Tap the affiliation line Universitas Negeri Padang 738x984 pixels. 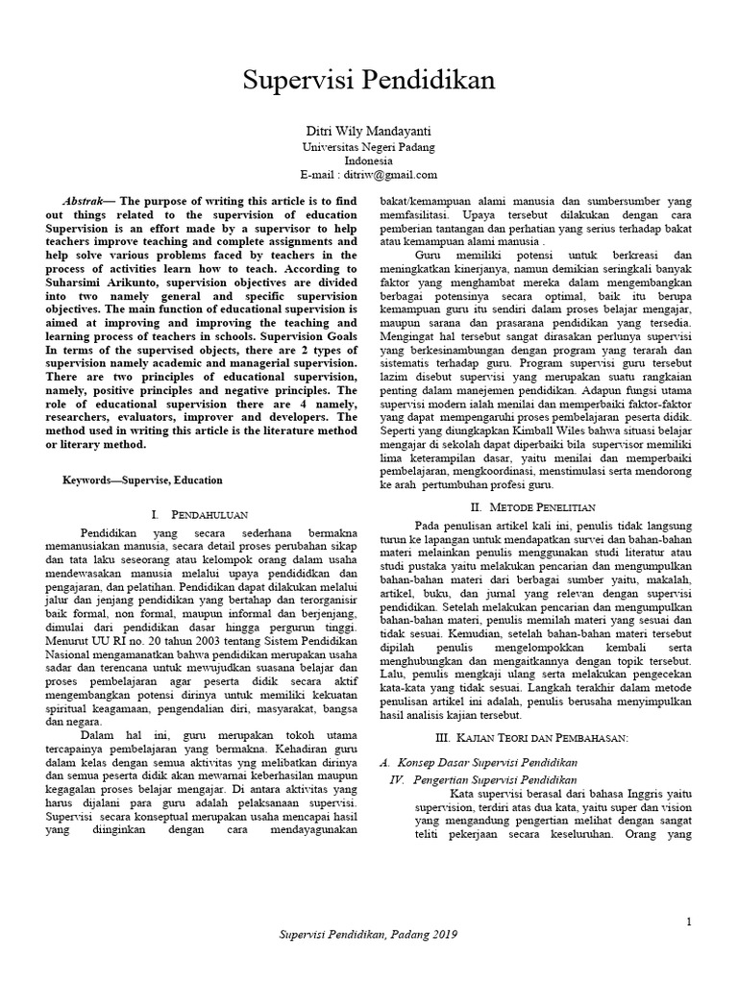coord(368,147)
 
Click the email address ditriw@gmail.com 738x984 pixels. coord(390,175)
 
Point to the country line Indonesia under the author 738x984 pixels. coord(368,160)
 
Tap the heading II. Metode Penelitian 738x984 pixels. coord(532,506)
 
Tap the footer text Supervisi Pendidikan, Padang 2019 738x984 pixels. coord(369,934)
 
